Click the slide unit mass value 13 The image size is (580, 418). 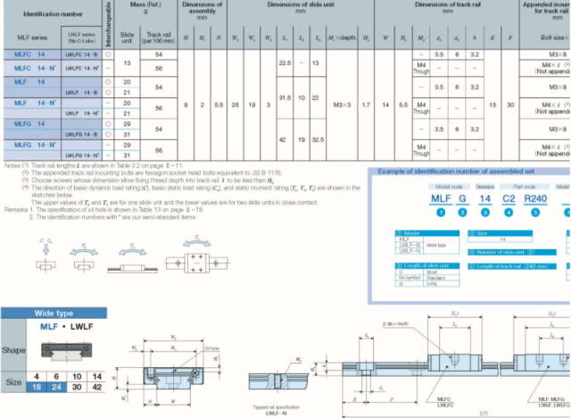click(x=127, y=63)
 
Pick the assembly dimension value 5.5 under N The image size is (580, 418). click(x=220, y=105)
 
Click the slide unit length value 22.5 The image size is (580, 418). click(x=286, y=63)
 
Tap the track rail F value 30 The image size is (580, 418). click(x=510, y=105)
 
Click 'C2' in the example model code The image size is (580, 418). click(x=510, y=197)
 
